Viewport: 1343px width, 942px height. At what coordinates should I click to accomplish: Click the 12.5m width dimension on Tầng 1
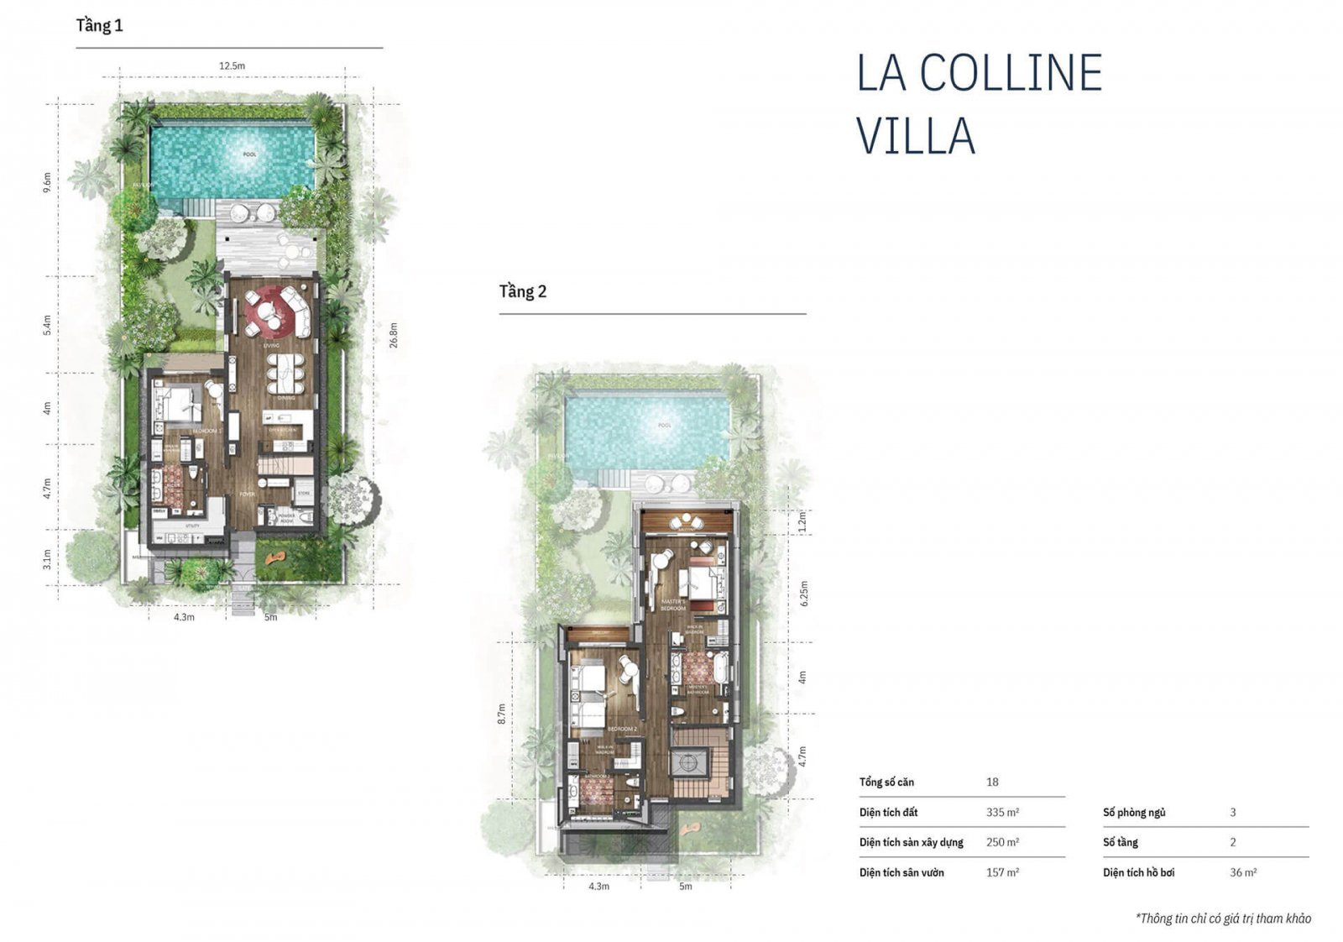(x=232, y=66)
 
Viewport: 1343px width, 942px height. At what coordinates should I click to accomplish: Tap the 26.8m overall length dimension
(x=393, y=336)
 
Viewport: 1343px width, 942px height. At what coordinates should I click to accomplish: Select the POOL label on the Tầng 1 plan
(x=249, y=154)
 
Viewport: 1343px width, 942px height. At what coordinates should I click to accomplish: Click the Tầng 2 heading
(x=522, y=292)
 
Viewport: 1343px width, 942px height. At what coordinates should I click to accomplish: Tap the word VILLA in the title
(x=915, y=136)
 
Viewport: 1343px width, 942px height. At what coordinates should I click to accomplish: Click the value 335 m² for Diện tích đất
(x=1002, y=813)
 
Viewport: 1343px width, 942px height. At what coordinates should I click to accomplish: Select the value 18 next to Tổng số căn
(x=992, y=782)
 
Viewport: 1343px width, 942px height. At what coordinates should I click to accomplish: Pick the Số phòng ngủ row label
(x=1133, y=813)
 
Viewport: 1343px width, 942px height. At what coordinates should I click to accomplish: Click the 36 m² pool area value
(x=1243, y=873)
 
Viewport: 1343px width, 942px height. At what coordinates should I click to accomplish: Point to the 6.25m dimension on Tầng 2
(x=804, y=594)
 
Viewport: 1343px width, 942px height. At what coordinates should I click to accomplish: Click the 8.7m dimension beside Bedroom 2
(x=502, y=714)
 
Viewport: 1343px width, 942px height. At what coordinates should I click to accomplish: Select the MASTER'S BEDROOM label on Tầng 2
(x=673, y=605)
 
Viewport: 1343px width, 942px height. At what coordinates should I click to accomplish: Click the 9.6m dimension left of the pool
(x=47, y=182)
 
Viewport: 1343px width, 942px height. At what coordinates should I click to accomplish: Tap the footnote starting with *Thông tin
(x=1222, y=918)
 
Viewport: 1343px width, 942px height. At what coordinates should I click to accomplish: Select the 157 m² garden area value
(x=1002, y=873)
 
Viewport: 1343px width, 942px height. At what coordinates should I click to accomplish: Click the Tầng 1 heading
(x=99, y=26)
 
